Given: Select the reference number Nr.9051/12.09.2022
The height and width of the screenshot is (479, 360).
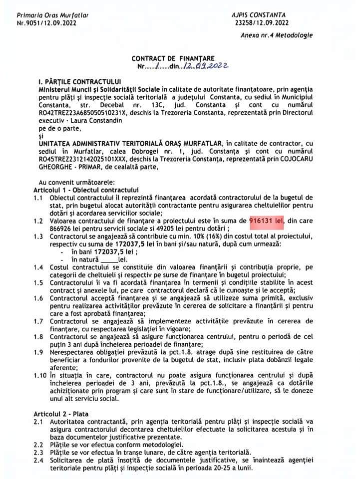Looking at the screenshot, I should click(x=47, y=23).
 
